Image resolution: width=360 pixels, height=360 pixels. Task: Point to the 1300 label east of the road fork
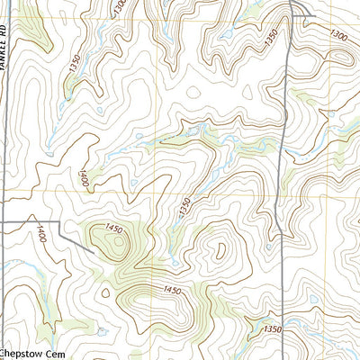(339, 34)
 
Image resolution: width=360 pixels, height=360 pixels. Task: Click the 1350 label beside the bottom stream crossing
(273, 330)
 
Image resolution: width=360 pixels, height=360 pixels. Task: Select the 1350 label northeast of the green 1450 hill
(184, 205)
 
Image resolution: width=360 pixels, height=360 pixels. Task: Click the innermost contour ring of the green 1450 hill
(115, 240)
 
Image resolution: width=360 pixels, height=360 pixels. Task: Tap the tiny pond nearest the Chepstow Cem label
(102, 332)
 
